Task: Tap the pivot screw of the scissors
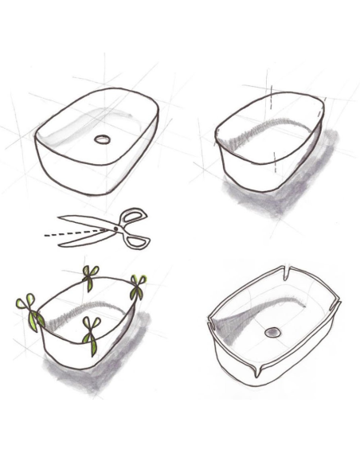point(116,228)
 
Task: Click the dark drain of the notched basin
point(273,330)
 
